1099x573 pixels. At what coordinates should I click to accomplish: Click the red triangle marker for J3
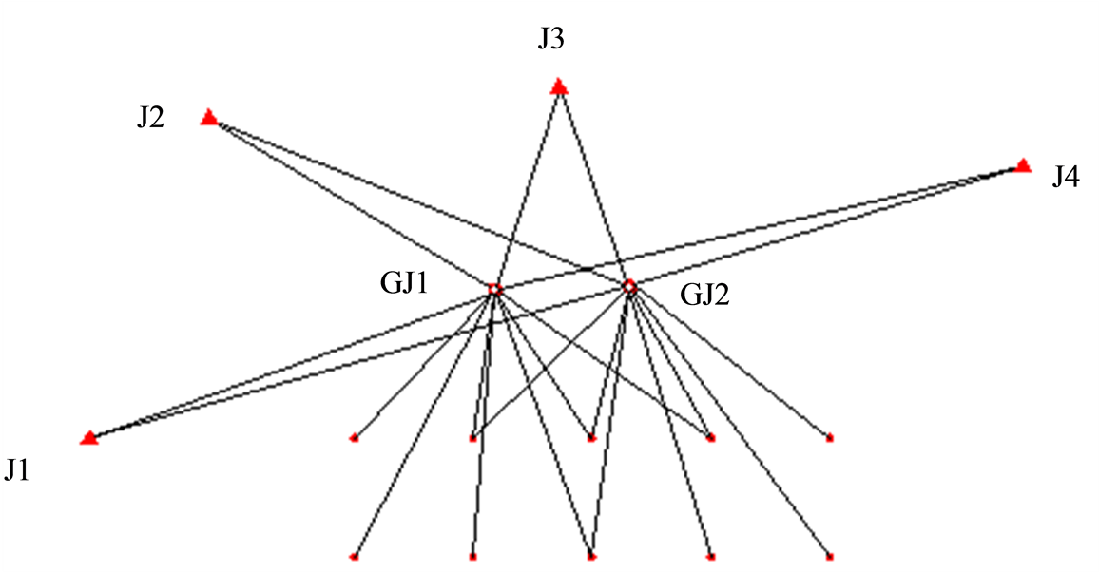pyautogui.click(x=559, y=87)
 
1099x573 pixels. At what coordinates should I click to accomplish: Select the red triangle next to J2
pyautogui.click(x=209, y=118)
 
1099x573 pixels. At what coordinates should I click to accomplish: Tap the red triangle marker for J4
pyautogui.click(x=1023, y=165)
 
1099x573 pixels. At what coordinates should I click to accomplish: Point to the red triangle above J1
pyautogui.click(x=89, y=437)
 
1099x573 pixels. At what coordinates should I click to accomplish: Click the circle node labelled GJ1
pyautogui.click(x=494, y=288)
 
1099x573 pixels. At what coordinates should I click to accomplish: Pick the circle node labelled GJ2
pyautogui.click(x=628, y=285)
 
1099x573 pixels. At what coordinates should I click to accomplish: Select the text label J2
pyautogui.click(x=150, y=119)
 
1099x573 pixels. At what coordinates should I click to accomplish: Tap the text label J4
pyautogui.click(x=1065, y=177)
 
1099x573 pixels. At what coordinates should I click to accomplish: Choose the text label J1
pyautogui.click(x=17, y=469)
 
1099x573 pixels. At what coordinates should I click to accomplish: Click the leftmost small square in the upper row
pyautogui.click(x=354, y=438)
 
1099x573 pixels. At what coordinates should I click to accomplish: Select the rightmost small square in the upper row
pyautogui.click(x=830, y=438)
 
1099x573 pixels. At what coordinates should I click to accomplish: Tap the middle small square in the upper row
pyautogui.click(x=591, y=438)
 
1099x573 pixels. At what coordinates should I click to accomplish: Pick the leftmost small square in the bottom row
pyautogui.click(x=354, y=556)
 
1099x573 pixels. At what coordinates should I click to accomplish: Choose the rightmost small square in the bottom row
pyautogui.click(x=830, y=556)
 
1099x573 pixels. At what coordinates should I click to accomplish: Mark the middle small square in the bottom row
pyautogui.click(x=591, y=556)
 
